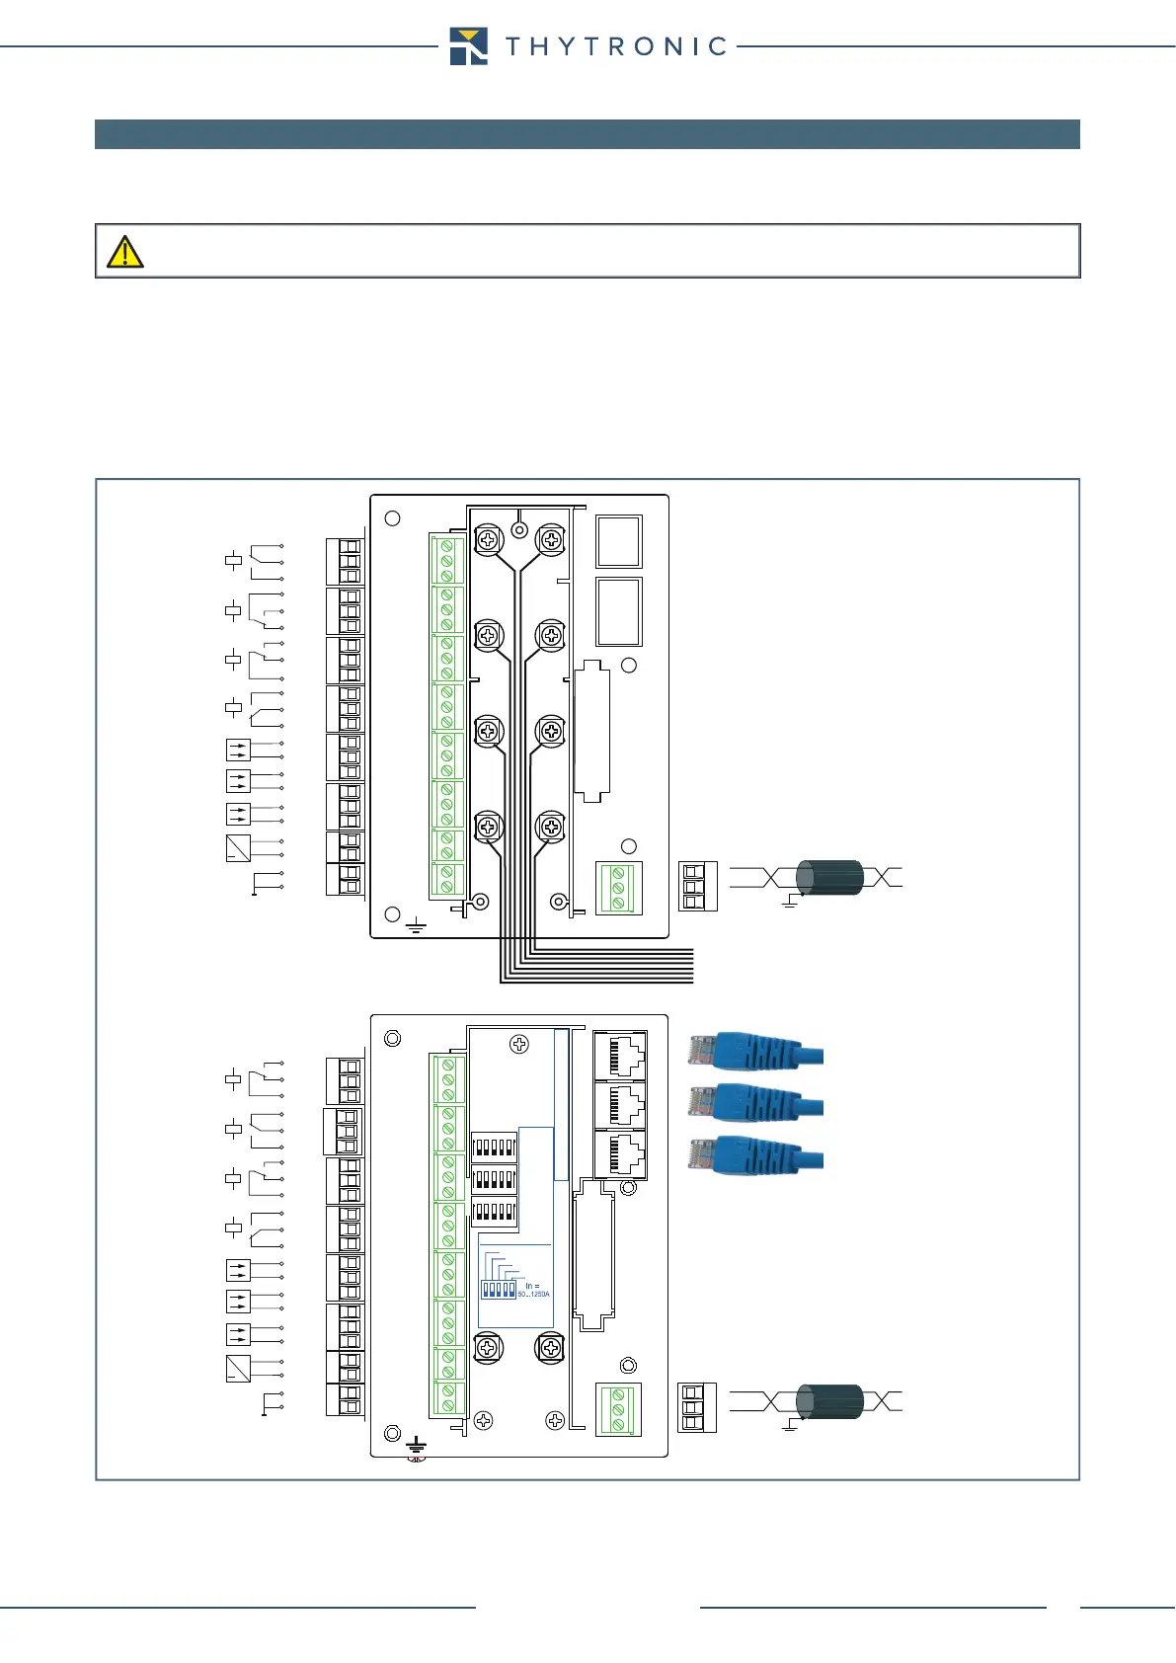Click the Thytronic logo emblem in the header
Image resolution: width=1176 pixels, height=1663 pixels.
[468, 46]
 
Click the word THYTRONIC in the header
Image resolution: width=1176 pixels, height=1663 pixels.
[616, 46]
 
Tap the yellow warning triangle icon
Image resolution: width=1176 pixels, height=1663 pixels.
[125, 252]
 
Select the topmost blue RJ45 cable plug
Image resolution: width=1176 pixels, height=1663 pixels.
[755, 1051]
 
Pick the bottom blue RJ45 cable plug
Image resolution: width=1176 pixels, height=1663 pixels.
[755, 1155]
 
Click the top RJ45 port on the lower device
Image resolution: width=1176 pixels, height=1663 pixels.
[621, 1056]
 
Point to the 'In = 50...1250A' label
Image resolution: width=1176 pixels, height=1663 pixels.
[533, 1290]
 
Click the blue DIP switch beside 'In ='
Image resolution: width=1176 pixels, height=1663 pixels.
[498, 1290]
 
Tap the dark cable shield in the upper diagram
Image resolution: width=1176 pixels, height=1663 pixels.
[829, 877]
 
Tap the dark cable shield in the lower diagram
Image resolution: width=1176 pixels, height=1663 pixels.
[829, 1401]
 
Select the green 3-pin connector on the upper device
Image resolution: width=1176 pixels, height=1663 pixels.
[619, 888]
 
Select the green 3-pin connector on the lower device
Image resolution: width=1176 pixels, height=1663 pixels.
[619, 1410]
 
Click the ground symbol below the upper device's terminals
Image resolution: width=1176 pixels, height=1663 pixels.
[416, 926]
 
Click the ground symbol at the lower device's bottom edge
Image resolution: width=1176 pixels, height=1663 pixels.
[416, 1446]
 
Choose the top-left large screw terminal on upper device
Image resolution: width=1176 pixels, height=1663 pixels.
[488, 539]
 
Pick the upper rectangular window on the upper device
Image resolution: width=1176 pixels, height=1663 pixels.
[619, 540]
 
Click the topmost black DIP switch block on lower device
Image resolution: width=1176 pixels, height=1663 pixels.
[494, 1148]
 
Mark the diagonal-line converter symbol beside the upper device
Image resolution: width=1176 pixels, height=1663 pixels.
[238, 847]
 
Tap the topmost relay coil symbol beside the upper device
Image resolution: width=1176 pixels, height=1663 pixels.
[234, 561]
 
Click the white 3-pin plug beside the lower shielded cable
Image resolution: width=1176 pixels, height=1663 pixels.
[697, 1408]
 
